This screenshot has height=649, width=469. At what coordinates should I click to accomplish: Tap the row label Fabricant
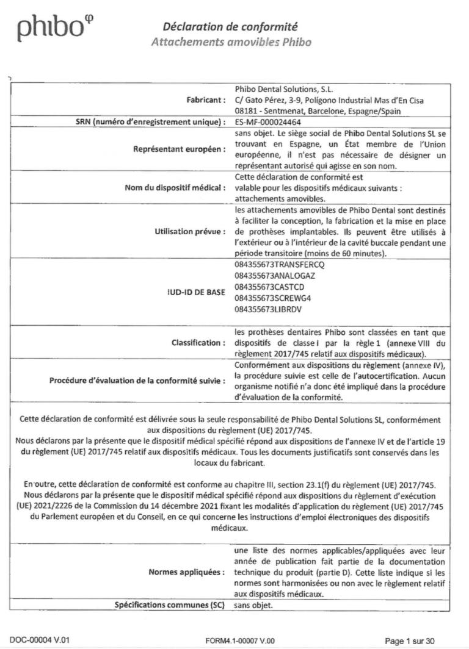click(206, 99)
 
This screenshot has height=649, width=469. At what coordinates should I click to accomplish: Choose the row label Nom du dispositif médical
click(175, 187)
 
